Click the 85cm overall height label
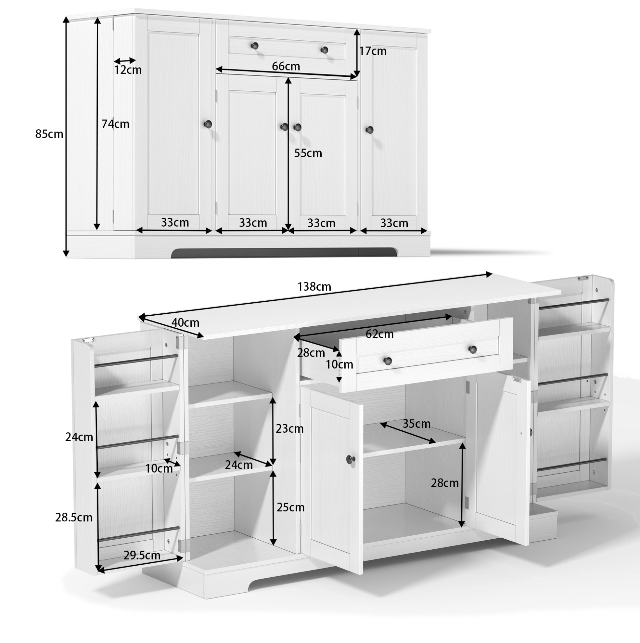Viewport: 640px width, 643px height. pyautogui.click(x=49, y=134)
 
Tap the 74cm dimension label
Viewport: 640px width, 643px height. pyautogui.click(x=115, y=124)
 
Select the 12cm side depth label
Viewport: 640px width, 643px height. pyautogui.click(x=128, y=70)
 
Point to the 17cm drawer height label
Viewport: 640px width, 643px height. pyautogui.click(x=373, y=51)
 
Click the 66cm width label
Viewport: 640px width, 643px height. pyautogui.click(x=286, y=66)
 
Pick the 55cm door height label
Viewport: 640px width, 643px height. pyautogui.click(x=308, y=153)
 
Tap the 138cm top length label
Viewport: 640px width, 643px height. pyautogui.click(x=314, y=287)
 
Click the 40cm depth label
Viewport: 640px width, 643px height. pyautogui.click(x=185, y=322)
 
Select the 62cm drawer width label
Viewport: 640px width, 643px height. pyautogui.click(x=379, y=334)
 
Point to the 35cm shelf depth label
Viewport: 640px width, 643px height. pyautogui.click(x=416, y=424)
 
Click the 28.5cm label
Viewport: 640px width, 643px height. pyautogui.click(x=74, y=518)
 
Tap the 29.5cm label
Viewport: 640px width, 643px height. pyautogui.click(x=142, y=556)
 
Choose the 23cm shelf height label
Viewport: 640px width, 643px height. pyautogui.click(x=289, y=429)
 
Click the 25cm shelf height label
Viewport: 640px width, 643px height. pyautogui.click(x=290, y=507)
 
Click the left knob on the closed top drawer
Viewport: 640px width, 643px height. pyautogui.click(x=254, y=46)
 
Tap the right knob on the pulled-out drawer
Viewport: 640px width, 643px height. pyautogui.click(x=472, y=349)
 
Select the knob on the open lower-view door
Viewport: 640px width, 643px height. pyautogui.click(x=351, y=459)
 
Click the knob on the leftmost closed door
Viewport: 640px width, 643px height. pyautogui.click(x=208, y=125)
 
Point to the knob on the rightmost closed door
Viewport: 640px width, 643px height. pyautogui.click(x=369, y=129)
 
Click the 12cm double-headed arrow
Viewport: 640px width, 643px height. pyautogui.click(x=125, y=61)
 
